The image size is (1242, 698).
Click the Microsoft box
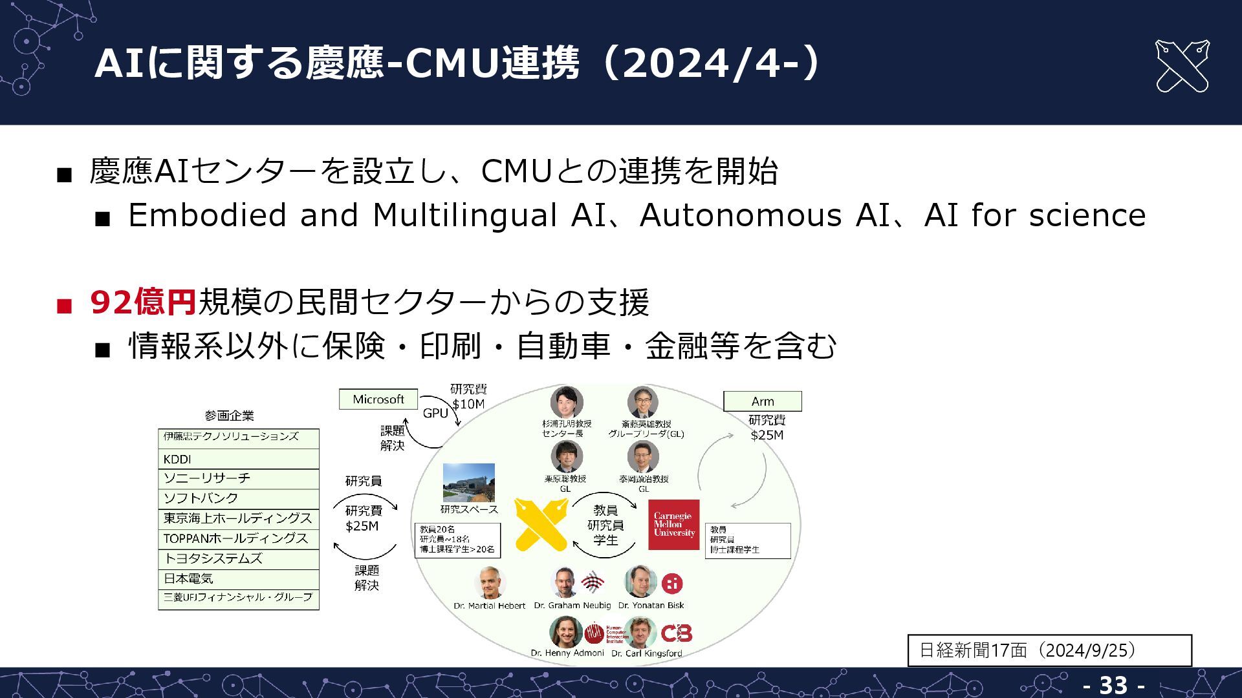coord(378,399)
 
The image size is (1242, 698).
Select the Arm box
coord(762,401)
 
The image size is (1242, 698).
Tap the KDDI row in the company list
coord(238,459)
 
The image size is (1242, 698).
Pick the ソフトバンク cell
coord(238,498)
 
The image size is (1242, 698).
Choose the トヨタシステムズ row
coord(238,558)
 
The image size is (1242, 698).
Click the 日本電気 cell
coord(238,578)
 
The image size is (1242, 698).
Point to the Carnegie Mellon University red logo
coord(673,524)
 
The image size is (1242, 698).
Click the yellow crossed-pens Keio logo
coord(541,524)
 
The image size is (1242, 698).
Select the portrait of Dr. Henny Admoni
coord(565,631)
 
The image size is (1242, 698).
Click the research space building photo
coord(468,482)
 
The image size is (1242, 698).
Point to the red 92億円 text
coord(143,302)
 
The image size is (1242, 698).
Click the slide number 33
coord(1113,685)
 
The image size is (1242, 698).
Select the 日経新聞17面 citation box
coord(1049,650)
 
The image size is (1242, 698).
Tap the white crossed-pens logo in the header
coord(1181,66)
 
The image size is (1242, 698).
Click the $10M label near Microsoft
coord(468,405)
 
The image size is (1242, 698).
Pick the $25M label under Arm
coord(767,436)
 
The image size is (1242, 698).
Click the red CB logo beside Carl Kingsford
coord(676,633)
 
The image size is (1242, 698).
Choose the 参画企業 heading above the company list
coord(229,416)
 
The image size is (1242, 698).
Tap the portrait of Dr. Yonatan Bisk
coord(640,582)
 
